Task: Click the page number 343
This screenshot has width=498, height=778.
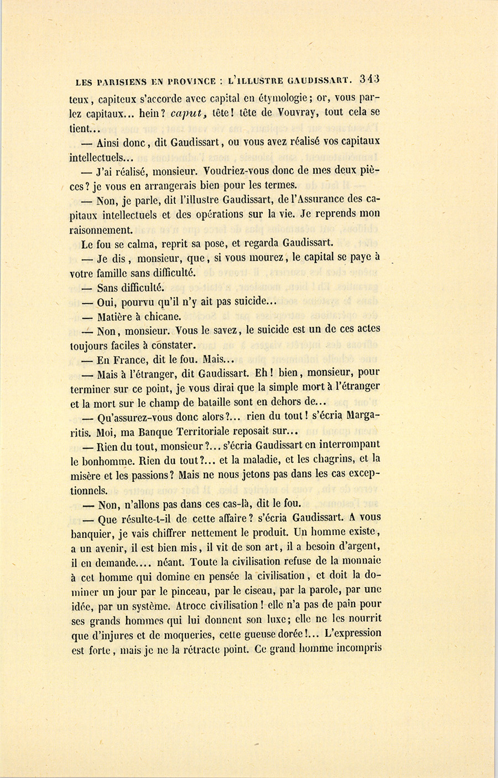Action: pos(369,79)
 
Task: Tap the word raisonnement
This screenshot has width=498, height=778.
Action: pos(101,229)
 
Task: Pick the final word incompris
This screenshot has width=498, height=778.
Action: pos(357,649)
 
